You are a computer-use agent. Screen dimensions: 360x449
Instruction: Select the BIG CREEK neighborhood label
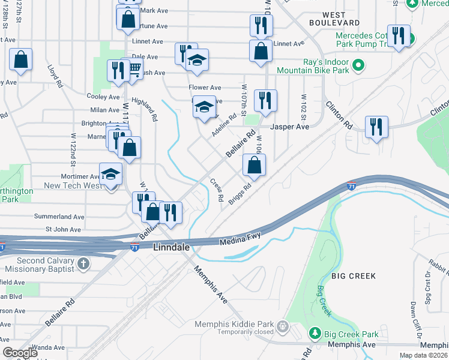(x=353, y=276)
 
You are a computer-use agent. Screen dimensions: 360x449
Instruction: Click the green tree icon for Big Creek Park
(x=314, y=333)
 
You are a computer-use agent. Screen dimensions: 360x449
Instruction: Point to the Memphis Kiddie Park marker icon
(x=282, y=328)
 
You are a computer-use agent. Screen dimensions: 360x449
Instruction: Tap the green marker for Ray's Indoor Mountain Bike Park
(x=358, y=65)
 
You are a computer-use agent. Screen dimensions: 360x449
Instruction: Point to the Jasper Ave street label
(x=289, y=127)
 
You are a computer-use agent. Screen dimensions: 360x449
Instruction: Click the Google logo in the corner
(x=20, y=353)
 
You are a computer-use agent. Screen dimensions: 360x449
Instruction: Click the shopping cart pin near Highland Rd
(x=134, y=68)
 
